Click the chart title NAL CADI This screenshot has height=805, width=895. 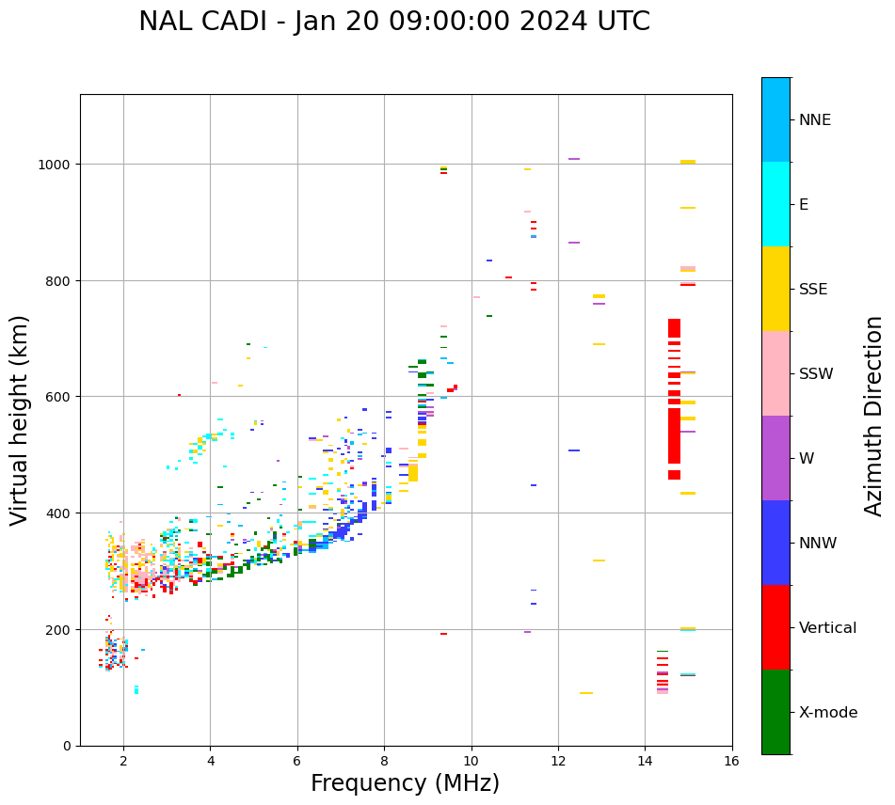coord(394,22)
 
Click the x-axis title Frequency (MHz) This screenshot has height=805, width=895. coord(405,783)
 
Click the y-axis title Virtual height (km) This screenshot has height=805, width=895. coord(20,419)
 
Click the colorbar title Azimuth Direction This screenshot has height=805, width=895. coord(874,416)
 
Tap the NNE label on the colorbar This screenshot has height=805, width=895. coord(815,119)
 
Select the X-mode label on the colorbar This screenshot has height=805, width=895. coord(828,712)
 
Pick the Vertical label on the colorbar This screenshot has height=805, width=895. coord(828,627)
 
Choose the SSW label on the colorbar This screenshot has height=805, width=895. coord(816,373)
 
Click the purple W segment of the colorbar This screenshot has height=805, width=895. coord(775,458)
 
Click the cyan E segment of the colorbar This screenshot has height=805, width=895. coord(775,204)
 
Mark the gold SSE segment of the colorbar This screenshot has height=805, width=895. coord(775,289)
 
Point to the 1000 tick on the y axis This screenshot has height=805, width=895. coord(59,165)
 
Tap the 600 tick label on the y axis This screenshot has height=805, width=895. coord(63,397)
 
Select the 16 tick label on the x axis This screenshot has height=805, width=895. coord(731,761)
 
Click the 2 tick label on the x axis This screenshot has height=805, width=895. coord(123,761)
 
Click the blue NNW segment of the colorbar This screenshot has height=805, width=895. coord(775,543)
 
